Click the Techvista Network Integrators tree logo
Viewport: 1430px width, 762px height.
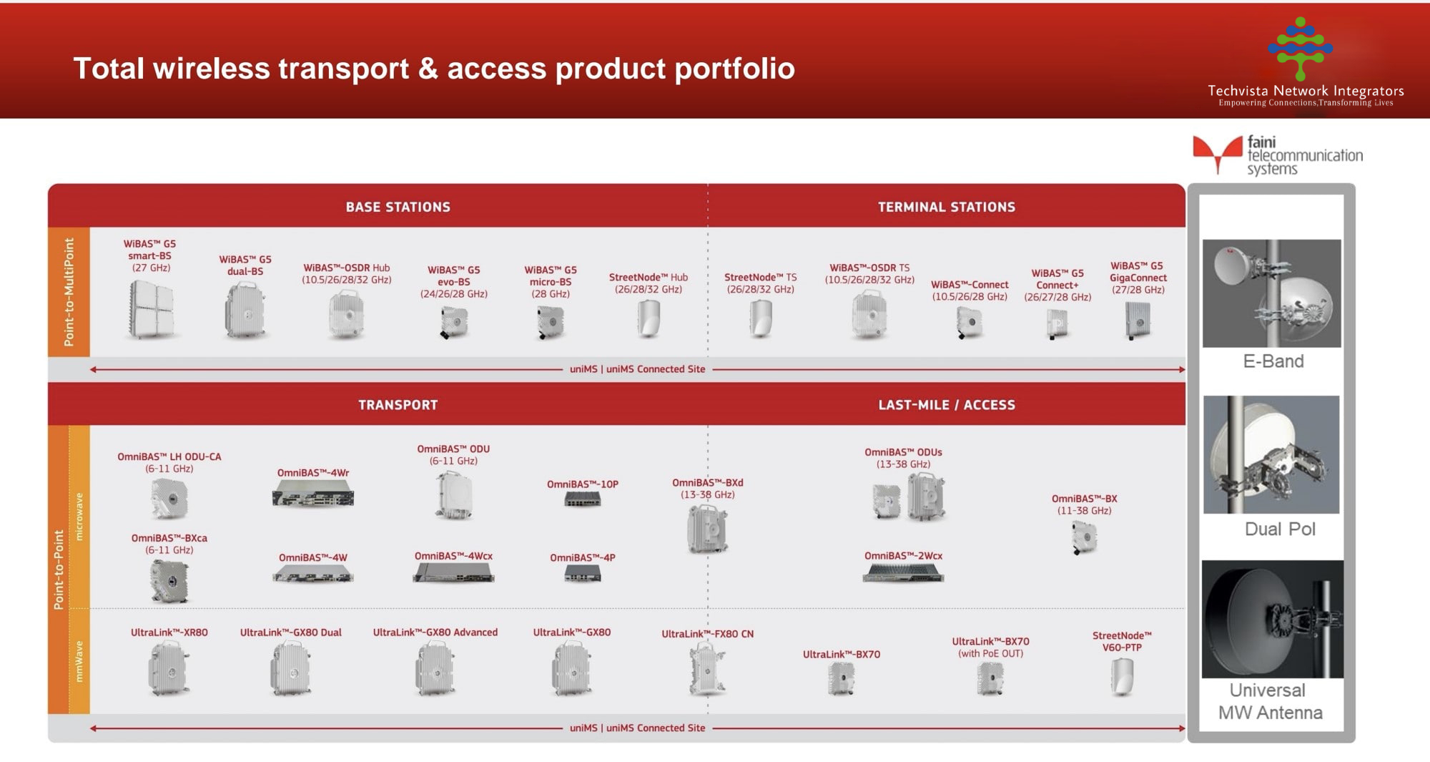click(x=1300, y=49)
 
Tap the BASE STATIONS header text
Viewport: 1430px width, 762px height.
click(x=398, y=207)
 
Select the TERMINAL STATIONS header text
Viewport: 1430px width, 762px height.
click(x=947, y=207)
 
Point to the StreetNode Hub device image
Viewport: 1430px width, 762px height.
click(x=648, y=318)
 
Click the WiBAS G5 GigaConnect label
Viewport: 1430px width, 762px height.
click(x=1138, y=278)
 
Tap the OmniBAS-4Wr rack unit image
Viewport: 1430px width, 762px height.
click(x=313, y=493)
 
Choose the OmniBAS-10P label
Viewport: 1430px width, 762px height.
click(x=583, y=484)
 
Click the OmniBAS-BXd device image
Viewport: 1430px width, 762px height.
click(x=707, y=529)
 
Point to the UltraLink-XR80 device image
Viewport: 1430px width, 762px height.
click(x=168, y=668)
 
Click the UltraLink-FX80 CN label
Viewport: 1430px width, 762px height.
click(x=707, y=634)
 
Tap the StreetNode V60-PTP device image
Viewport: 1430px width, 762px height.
click(x=1122, y=677)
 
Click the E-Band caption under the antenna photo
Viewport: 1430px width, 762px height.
click(x=1273, y=361)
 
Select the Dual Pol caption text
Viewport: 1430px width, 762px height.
click(x=1280, y=529)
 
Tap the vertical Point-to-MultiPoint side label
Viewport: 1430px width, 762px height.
click(x=69, y=292)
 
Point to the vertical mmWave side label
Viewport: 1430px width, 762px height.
click(x=79, y=661)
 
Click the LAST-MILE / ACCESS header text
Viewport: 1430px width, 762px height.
click(x=947, y=405)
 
